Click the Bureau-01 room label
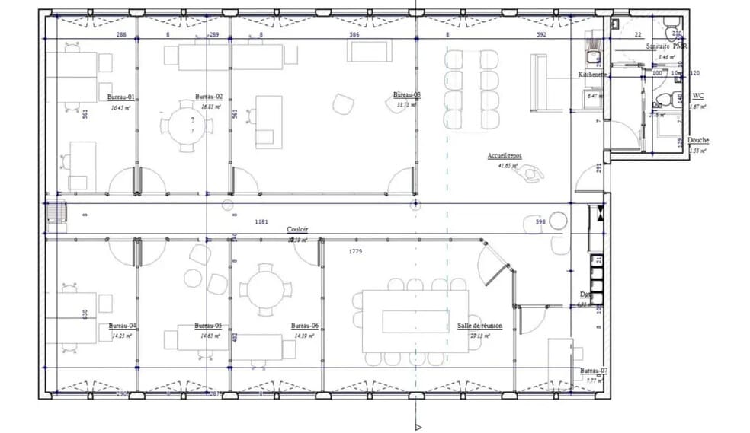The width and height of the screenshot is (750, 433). click(120, 97)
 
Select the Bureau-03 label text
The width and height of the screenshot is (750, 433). click(406, 94)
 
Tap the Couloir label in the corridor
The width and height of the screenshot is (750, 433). click(297, 229)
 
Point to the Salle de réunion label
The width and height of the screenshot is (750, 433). click(479, 325)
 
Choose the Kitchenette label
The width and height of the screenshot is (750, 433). click(592, 75)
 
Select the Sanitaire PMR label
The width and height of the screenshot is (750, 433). click(667, 46)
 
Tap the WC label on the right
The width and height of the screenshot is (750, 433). click(697, 97)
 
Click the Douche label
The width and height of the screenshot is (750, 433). click(698, 140)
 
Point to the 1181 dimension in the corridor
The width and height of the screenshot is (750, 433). click(262, 221)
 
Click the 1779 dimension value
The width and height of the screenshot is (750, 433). click(355, 250)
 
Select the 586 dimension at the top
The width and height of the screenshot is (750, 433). click(354, 34)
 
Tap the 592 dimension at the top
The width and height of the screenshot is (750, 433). click(541, 34)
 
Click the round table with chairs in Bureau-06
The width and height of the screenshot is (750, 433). click(264, 289)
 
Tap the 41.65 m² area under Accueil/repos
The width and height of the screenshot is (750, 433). click(507, 165)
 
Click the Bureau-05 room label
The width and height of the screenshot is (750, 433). click(207, 325)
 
